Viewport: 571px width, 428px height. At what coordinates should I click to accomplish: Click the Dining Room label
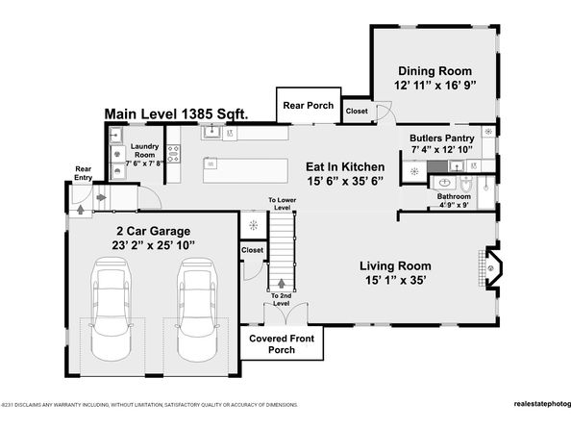[x=435, y=70]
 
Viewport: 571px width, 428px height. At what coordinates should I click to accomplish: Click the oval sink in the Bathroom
[x=443, y=181]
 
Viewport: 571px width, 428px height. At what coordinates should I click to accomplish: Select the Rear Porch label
[x=306, y=105]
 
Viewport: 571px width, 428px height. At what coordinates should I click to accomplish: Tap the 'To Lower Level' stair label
[x=281, y=204]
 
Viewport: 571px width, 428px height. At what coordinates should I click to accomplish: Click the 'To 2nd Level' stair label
[x=281, y=299]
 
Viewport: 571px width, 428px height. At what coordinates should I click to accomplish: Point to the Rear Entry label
[x=85, y=173]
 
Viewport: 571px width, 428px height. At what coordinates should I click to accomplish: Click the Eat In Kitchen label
[x=345, y=165]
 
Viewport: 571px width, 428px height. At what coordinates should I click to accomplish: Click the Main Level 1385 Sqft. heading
[x=176, y=113]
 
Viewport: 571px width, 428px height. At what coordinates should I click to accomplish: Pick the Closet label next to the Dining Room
[x=355, y=111]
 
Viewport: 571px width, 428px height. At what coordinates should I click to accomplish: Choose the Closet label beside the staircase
[x=252, y=250]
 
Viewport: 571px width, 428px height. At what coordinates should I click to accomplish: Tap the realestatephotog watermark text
[x=528, y=405]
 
